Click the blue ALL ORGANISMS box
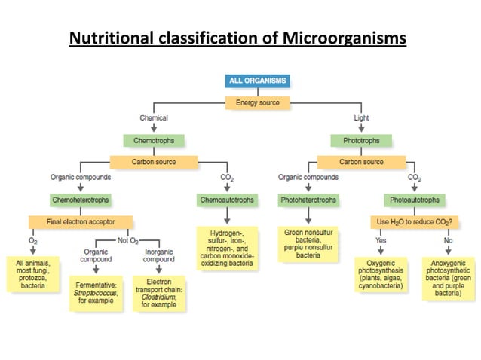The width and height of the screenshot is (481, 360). (x=257, y=81)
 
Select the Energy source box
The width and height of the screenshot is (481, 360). (x=257, y=102)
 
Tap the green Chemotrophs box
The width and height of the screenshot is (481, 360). (x=154, y=140)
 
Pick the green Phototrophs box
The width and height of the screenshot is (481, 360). (x=361, y=140)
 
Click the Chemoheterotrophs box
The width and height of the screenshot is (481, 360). (x=81, y=200)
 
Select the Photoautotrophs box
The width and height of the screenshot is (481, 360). (x=414, y=200)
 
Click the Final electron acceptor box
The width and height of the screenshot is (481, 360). (x=81, y=221)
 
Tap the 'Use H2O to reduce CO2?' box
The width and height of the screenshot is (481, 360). (x=414, y=221)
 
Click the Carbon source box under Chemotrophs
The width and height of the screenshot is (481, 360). (x=154, y=161)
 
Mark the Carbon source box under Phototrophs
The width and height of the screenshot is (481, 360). (x=361, y=161)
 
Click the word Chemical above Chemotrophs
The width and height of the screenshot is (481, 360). (x=154, y=118)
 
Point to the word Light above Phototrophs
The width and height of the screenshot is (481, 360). (x=361, y=118)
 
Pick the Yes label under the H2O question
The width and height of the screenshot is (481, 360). (x=381, y=240)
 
